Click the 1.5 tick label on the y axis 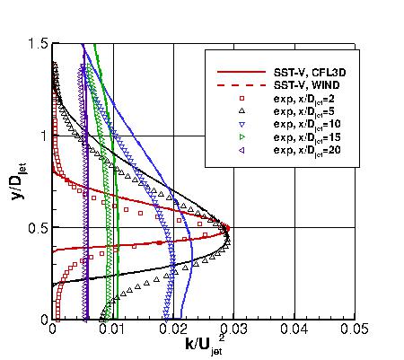[x=39, y=44]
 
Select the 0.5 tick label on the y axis [x=39, y=227]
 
